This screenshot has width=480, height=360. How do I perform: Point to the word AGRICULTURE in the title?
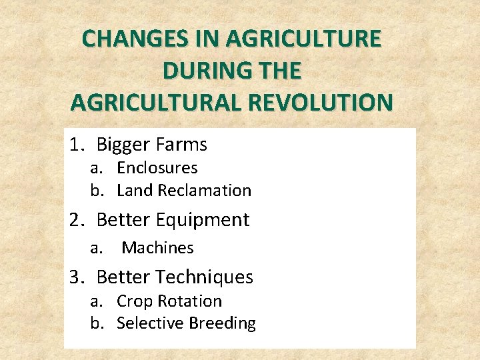(303, 39)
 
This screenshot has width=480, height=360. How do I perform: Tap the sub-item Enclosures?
(157, 168)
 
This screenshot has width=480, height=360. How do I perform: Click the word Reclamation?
(205, 191)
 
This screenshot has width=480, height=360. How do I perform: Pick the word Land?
(135, 191)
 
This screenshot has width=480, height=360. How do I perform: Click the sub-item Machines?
(157, 248)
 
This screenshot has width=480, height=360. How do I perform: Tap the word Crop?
(133, 301)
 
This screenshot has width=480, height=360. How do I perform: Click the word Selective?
(150, 323)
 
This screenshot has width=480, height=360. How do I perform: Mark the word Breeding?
(222, 323)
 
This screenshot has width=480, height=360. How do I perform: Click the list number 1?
(77, 144)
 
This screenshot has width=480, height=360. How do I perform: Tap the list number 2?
(77, 220)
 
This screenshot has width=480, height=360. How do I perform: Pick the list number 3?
(77, 277)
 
